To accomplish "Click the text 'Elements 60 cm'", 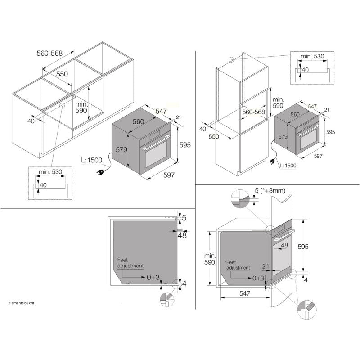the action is [x=21, y=303].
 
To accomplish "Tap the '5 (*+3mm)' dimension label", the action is [x=270, y=190].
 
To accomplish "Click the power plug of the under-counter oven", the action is [x=101, y=172].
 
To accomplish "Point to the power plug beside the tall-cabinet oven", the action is [x=273, y=162].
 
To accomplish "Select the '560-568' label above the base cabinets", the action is [x=49, y=53].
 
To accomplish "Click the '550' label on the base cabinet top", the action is [x=62, y=74].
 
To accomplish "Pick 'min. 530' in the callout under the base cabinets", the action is [x=50, y=172].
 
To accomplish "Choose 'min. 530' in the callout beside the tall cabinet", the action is [x=312, y=56].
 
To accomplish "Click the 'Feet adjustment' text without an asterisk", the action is [x=130, y=263].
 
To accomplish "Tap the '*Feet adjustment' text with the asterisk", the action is [x=237, y=265].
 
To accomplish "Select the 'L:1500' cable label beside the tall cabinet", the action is [x=288, y=166].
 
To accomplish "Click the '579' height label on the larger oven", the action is [x=121, y=150].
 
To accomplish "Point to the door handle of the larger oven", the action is [x=156, y=143].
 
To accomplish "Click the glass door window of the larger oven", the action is [x=156, y=154].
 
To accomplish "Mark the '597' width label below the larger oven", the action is [x=169, y=175].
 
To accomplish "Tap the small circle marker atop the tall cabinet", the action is [x=231, y=60].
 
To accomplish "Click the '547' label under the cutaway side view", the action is [x=245, y=293].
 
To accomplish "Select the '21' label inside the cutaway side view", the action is [x=265, y=266].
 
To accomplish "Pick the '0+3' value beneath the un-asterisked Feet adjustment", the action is [x=153, y=277].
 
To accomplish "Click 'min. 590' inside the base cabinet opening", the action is [x=81, y=108].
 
